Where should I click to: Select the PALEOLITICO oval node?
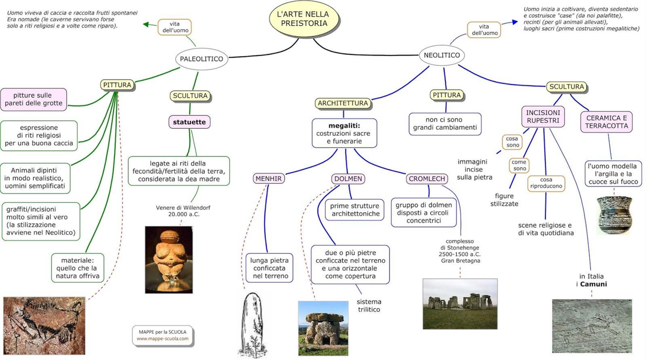click(201, 59)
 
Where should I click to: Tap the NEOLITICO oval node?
click(442, 55)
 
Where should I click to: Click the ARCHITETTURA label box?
click(343, 103)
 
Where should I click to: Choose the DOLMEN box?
click(348, 178)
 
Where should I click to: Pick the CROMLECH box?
click(427, 178)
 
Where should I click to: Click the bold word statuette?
click(189, 122)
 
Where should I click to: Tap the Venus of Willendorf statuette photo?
click(169, 259)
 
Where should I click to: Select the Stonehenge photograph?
click(460, 303)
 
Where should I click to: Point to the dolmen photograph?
click(323, 328)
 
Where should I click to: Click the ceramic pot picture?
click(614, 214)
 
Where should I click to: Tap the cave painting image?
click(44, 325)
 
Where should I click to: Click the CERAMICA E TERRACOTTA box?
click(607, 122)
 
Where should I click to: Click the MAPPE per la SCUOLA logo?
click(162, 335)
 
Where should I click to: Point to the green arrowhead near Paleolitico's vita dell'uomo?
click(146, 24)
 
